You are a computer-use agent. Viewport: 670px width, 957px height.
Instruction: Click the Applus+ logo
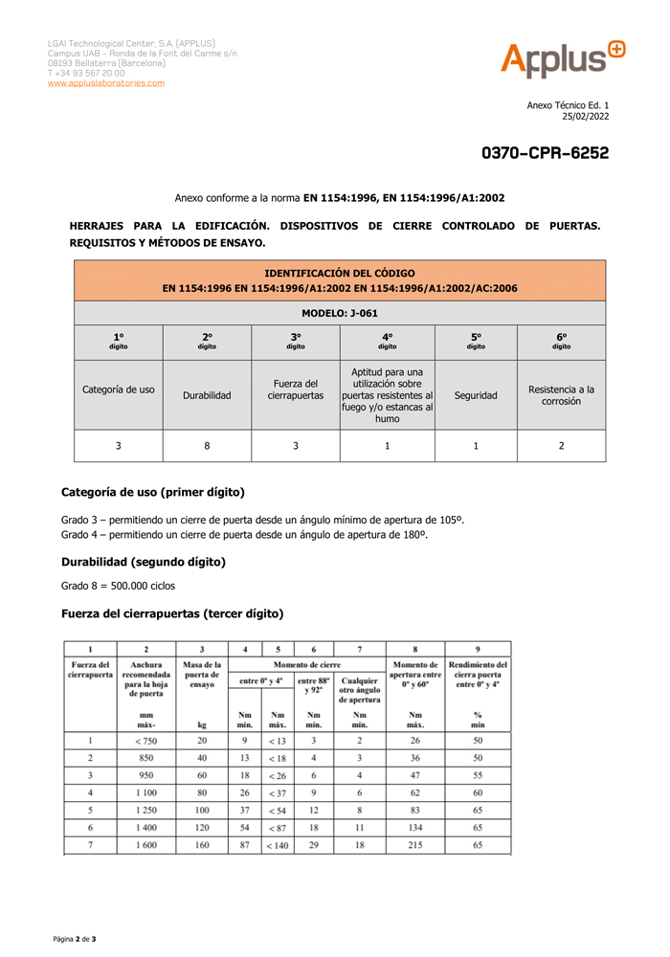562,59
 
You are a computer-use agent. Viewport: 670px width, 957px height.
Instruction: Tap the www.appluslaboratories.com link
106,83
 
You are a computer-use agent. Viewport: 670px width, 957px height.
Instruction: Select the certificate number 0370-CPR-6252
545,153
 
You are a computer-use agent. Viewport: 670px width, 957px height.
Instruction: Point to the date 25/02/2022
585,117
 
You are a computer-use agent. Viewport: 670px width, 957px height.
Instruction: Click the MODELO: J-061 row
340,313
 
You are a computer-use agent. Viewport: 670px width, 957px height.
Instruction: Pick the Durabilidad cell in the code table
207,394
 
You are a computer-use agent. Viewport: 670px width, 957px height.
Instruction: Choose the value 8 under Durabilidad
207,445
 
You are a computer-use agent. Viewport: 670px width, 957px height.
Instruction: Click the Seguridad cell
476,394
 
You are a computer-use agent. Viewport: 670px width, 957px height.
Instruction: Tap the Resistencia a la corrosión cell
561,394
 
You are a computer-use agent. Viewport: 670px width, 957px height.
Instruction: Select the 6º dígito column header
561,341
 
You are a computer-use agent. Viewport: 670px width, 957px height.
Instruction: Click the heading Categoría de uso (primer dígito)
153,492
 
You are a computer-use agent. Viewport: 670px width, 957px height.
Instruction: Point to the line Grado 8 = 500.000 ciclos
118,585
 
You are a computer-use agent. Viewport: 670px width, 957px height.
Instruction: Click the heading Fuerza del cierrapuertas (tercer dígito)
172,612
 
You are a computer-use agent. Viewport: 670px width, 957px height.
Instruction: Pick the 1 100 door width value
146,792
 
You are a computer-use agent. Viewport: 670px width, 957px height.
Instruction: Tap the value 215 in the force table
415,845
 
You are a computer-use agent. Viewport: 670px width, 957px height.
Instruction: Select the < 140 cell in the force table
278,845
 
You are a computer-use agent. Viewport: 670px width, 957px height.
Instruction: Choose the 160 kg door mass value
202,845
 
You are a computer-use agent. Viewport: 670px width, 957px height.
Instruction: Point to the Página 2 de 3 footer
75,939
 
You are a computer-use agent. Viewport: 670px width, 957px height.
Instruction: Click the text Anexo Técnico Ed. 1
569,105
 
